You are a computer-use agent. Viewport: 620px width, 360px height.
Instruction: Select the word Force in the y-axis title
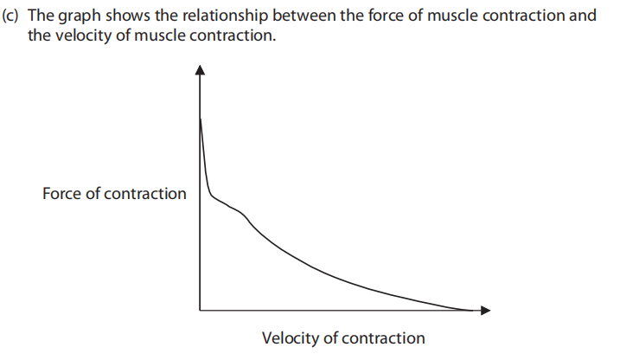click(61, 193)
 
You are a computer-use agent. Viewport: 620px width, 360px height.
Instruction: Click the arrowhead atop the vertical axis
click(201, 70)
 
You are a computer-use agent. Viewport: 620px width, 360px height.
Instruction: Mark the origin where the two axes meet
click(201, 310)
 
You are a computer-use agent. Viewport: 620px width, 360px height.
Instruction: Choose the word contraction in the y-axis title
click(144, 193)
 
